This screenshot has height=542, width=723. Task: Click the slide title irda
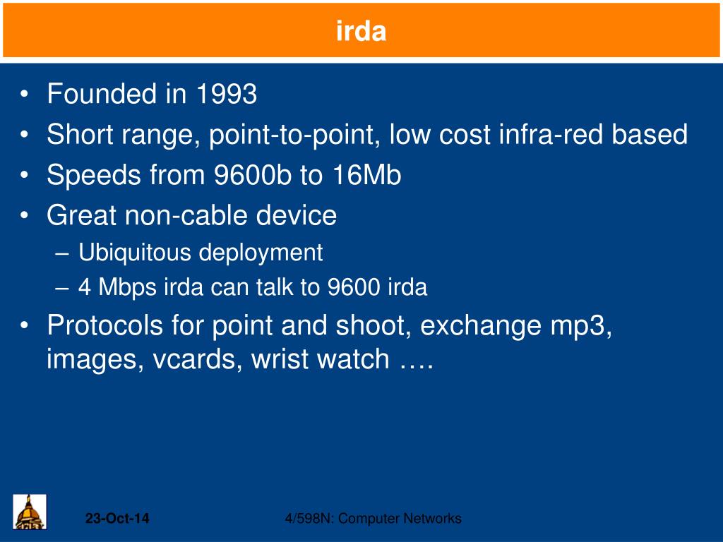click(x=361, y=31)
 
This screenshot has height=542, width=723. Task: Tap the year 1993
click(x=227, y=94)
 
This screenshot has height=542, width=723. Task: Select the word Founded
click(x=102, y=94)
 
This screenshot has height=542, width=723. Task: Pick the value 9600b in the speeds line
click(x=253, y=175)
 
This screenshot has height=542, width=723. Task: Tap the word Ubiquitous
click(x=135, y=253)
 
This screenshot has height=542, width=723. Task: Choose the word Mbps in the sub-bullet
click(x=127, y=288)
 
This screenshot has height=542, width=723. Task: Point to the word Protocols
click(x=105, y=325)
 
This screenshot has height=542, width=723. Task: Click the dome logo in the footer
click(x=30, y=512)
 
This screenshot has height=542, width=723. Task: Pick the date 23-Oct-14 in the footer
click(x=117, y=519)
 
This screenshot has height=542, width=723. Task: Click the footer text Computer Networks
click(x=400, y=519)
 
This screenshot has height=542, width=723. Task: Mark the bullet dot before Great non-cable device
click(x=25, y=216)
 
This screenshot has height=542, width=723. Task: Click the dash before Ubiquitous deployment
click(x=62, y=254)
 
